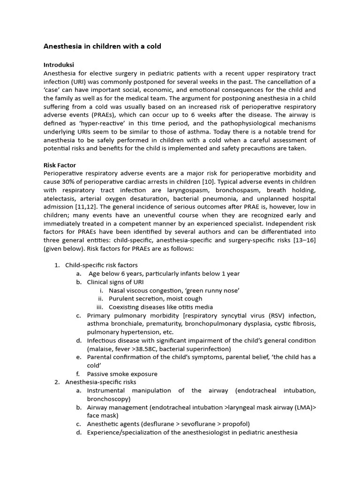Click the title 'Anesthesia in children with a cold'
[x=102, y=46]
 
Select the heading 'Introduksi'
[x=59, y=65]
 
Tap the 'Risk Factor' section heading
[x=60, y=165]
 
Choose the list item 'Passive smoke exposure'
[x=122, y=374]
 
